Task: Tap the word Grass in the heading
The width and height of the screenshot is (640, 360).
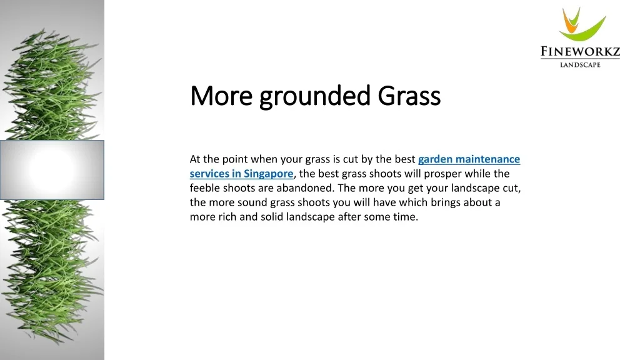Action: click(409, 96)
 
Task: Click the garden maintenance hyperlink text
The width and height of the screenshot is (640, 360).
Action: click(469, 159)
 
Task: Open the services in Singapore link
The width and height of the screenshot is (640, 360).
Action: click(241, 174)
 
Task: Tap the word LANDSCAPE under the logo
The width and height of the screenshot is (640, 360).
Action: click(580, 64)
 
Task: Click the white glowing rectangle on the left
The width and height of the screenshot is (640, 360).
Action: click(52, 169)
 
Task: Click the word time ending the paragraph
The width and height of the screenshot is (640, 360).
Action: click(406, 217)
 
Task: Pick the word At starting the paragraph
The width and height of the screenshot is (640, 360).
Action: click(196, 159)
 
